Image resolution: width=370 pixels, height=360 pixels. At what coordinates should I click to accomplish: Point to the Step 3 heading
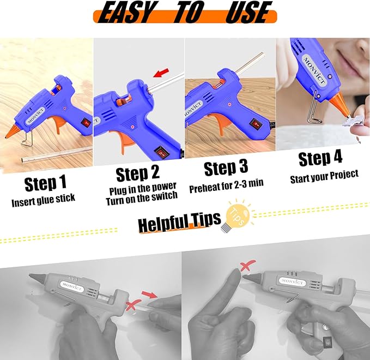[227, 169]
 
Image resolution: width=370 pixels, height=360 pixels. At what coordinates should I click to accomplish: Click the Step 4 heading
[320, 159]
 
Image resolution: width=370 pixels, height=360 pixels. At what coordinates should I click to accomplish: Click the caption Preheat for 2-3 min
[226, 185]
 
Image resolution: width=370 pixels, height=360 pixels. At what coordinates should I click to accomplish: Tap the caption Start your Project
[324, 175]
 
